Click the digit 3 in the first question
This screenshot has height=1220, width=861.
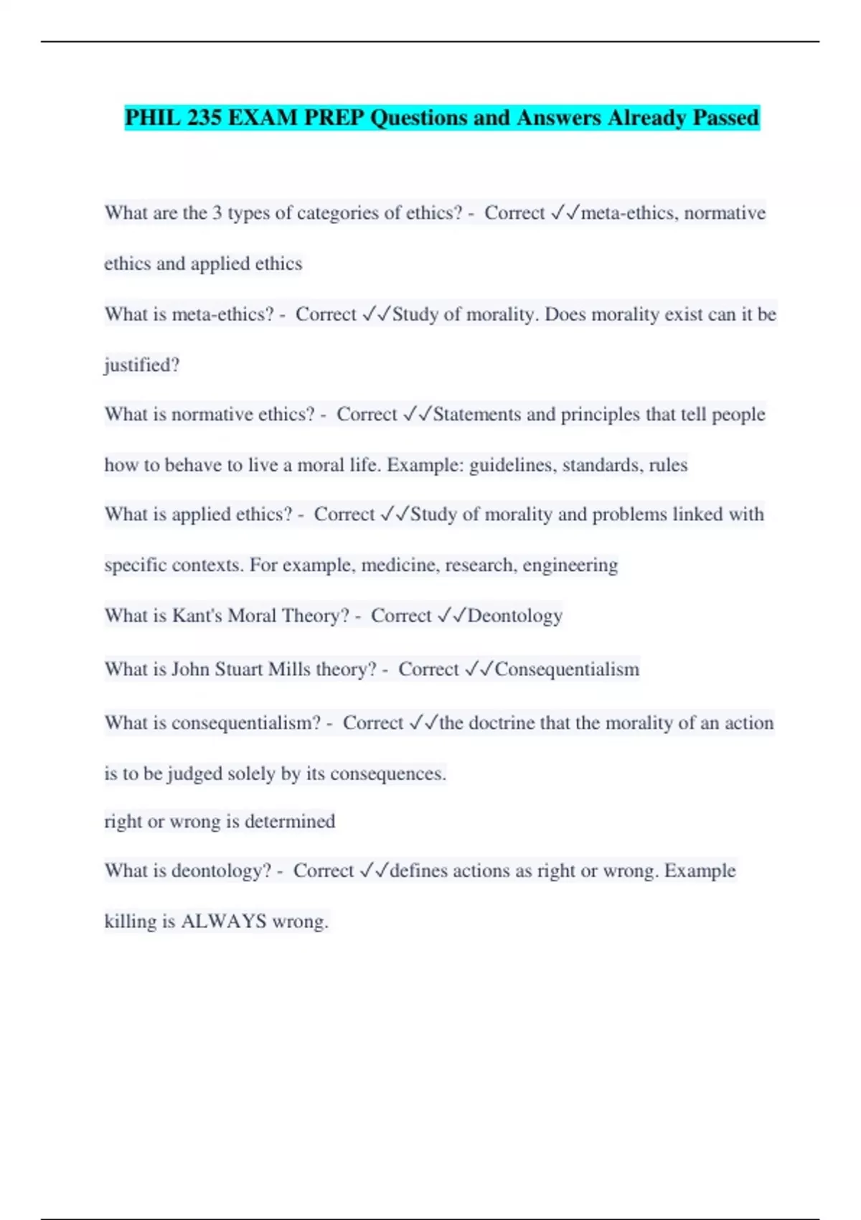[217, 213]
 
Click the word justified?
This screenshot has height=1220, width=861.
[142, 365]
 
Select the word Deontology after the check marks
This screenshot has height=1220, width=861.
[515, 616]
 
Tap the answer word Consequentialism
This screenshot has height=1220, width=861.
[567, 670]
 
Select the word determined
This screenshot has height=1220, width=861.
[290, 821]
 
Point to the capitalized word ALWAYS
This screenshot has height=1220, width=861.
[224, 921]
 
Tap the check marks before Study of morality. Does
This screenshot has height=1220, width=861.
[377, 314]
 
